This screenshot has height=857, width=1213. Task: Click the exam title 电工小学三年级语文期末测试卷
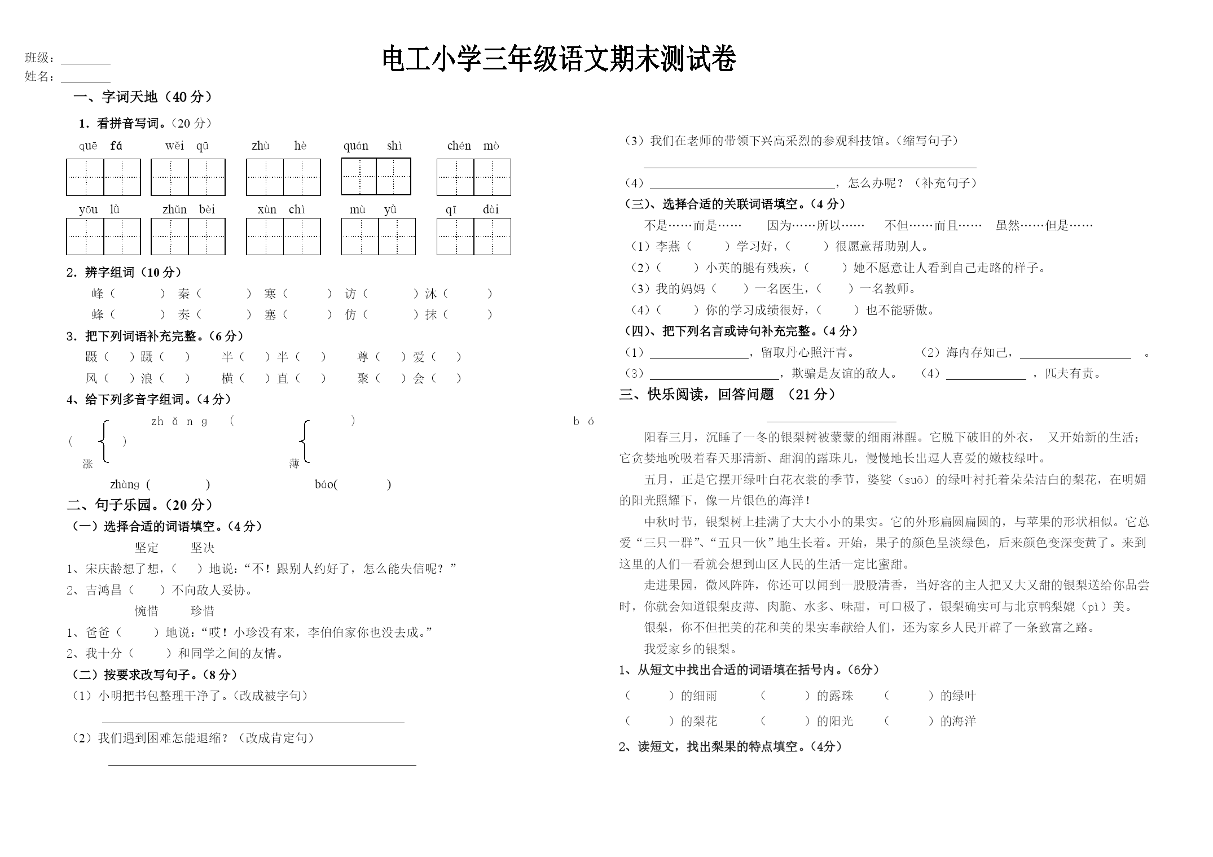point(559,59)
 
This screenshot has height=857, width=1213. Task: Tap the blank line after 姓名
point(85,80)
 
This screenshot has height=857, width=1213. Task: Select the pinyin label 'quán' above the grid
point(355,146)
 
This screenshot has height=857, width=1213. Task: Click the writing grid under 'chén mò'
point(473,177)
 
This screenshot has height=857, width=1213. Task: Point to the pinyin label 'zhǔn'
point(174,210)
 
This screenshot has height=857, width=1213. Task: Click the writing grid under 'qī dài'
point(473,237)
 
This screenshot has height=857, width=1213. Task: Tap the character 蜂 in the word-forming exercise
point(98,314)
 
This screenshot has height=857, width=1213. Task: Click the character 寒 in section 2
point(270,294)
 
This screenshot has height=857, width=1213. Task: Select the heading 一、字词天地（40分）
point(143,97)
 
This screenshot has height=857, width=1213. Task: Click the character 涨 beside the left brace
point(87,464)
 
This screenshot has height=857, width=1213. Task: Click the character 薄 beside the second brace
point(294,464)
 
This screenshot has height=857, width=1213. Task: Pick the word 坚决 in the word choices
point(203,548)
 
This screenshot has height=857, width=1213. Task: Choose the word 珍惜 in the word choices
point(203,611)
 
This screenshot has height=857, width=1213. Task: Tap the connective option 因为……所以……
point(815,226)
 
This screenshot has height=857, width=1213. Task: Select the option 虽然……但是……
point(1044,226)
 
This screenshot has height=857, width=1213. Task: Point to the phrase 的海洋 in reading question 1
point(957,721)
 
